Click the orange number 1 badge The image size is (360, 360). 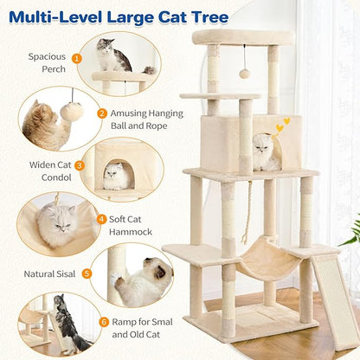click(x=77, y=59)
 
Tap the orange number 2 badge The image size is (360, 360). click(x=102, y=112)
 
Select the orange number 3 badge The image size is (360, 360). click(x=80, y=165)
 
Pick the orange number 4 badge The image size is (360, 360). click(x=102, y=219)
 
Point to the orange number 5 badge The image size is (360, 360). click(x=86, y=273)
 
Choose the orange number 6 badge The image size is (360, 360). click(x=104, y=321)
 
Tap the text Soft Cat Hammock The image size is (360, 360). click(x=131, y=225)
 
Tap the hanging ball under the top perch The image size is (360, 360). click(x=245, y=74)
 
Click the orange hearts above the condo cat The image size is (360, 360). click(x=281, y=125)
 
